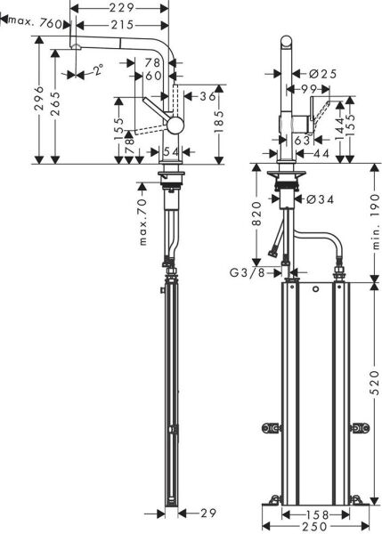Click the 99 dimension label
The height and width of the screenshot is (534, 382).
pyautogui.click(x=309, y=91)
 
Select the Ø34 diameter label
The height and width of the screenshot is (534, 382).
pyautogui.click(x=320, y=200)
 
